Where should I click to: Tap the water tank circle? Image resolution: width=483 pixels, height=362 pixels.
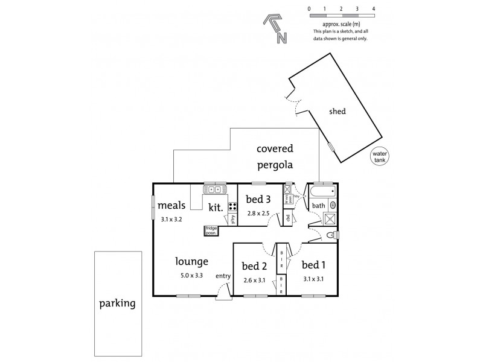tap(380, 156)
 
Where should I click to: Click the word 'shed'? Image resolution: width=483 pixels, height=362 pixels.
tap(337, 112)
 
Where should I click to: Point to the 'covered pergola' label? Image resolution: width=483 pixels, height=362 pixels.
tap(275, 155)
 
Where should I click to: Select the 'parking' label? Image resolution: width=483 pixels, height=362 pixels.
tap(117, 303)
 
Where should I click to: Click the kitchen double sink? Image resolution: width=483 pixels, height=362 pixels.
tap(215, 189)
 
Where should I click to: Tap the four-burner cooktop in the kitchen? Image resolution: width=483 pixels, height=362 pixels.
tap(232, 207)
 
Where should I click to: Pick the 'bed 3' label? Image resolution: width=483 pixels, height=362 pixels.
tap(258, 200)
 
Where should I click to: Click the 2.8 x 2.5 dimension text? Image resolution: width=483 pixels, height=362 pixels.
tap(258, 213)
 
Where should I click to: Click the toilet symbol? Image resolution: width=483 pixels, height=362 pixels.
tap(331, 235)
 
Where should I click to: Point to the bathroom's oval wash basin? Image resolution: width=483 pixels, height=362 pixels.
tap(333, 205)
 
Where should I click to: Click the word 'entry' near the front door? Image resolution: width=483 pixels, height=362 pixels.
tap(223, 276)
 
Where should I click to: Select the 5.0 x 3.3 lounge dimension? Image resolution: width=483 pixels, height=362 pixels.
tap(191, 276)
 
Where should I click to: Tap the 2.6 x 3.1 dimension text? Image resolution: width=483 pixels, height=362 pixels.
tap(254, 279)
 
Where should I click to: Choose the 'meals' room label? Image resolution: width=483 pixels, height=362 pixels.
tap(171, 206)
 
